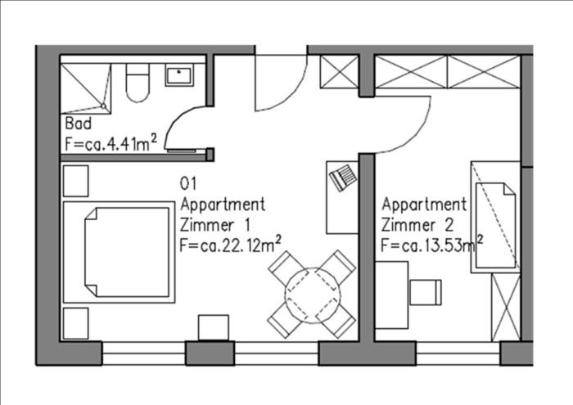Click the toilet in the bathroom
coord(138,83)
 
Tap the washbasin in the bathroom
coord(179,75)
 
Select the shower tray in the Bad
coord(85,88)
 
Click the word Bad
coord(79,124)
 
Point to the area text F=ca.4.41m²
coord(111,143)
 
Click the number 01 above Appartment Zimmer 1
coord(188,183)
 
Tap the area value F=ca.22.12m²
coord(231,245)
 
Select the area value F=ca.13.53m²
coord(432,245)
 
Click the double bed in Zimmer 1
coord(119,252)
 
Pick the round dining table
coord(313,295)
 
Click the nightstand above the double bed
coord(75,181)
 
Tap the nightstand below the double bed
coord(75,323)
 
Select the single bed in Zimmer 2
coord(495,217)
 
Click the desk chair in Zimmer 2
coord(426,292)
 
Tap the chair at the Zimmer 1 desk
coord(343,178)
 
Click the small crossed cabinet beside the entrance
coord(339,71)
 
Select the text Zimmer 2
coord(417,225)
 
